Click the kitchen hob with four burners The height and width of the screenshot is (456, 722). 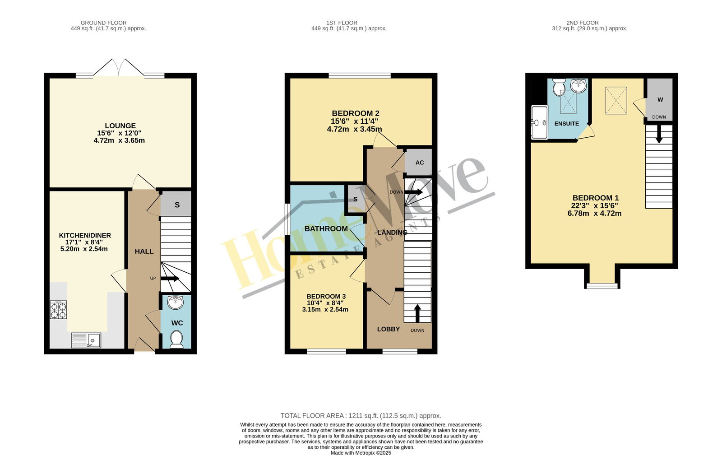coord(58,310)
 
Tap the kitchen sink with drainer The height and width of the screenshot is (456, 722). coord(86,340)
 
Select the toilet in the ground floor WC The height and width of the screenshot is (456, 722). coord(176,339)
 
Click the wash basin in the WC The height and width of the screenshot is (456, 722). coord(176,302)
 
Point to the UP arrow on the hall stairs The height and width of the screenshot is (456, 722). coord(170,279)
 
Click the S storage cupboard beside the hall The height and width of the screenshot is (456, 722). coord(176,204)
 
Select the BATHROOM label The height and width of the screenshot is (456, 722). coord(326,228)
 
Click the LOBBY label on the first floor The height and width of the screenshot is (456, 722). coord(389,329)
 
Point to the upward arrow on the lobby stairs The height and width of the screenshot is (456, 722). coord(417,313)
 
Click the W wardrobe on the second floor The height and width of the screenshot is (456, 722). coord(659,100)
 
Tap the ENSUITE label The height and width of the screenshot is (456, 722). coord(567,124)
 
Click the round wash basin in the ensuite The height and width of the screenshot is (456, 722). coord(579,86)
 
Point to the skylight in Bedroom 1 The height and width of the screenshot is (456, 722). coord(616,100)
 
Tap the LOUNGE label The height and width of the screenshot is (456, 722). coord(120,126)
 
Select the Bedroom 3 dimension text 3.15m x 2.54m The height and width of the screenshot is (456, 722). coord(325,310)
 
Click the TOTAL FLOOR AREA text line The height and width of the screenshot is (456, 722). coord(361,416)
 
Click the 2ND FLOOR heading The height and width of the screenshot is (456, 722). coord(583,23)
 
